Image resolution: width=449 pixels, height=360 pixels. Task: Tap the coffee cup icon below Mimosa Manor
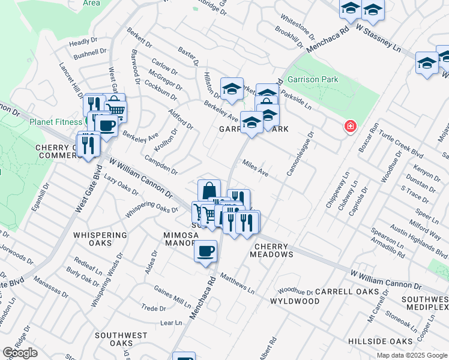coord(205,250)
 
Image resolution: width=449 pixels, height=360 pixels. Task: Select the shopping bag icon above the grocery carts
coord(208,191)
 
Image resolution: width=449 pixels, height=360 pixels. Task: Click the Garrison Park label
coord(312,79)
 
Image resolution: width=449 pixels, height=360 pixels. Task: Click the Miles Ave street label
coord(255,167)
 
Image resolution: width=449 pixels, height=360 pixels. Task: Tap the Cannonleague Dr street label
coord(300,154)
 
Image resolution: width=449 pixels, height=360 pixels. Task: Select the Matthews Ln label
coord(237,281)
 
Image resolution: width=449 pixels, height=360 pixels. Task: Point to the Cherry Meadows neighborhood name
coord(274,250)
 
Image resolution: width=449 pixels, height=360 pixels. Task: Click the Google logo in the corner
coord(20,353)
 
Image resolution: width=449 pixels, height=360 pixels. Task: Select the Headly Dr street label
coord(83,42)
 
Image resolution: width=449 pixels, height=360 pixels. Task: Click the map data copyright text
coord(412,355)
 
